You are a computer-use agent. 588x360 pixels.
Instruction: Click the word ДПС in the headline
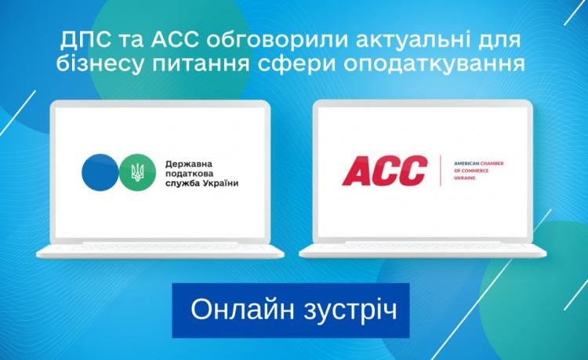[85, 41]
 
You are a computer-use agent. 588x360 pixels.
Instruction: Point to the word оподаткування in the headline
[434, 64]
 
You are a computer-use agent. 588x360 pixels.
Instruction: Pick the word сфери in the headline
[296, 63]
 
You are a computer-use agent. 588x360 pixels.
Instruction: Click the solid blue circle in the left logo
[100, 173]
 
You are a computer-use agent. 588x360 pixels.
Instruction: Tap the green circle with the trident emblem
[137, 173]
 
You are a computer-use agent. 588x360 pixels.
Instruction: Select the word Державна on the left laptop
[189, 164]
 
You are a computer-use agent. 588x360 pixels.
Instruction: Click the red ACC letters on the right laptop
[385, 171]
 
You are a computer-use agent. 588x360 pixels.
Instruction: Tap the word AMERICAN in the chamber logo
[466, 163]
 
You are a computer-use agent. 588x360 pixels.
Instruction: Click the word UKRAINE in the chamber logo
[465, 178]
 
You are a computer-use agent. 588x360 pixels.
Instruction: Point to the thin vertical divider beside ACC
[441, 171]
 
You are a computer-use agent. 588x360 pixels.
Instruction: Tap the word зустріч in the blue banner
[350, 311]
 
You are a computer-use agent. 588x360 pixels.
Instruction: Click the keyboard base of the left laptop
[160, 250]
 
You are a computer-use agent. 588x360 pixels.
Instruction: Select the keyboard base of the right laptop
[423, 250]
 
